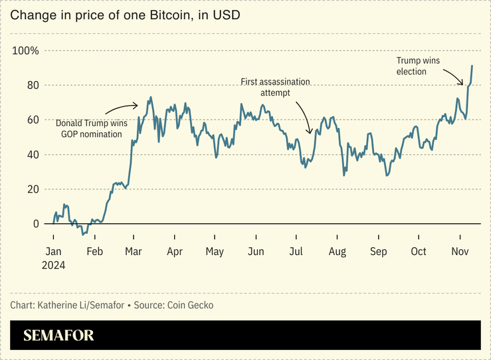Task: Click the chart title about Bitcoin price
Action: tap(125, 15)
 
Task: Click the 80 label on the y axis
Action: tap(32, 86)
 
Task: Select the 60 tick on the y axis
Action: tap(32, 120)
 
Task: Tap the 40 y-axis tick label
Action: tap(32, 155)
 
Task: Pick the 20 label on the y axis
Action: tap(32, 189)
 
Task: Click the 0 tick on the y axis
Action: tap(35, 224)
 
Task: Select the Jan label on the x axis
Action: tap(54, 252)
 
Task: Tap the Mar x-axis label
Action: tap(134, 252)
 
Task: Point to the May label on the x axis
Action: tap(215, 252)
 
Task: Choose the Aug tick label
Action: tap(337, 252)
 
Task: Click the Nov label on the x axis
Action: tap(460, 252)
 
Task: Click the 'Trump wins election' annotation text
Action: tap(417, 66)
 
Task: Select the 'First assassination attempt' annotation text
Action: tap(275, 87)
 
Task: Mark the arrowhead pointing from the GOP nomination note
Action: tap(136, 105)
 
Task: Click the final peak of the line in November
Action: tap(472, 66)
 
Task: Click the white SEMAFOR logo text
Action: tap(58, 335)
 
